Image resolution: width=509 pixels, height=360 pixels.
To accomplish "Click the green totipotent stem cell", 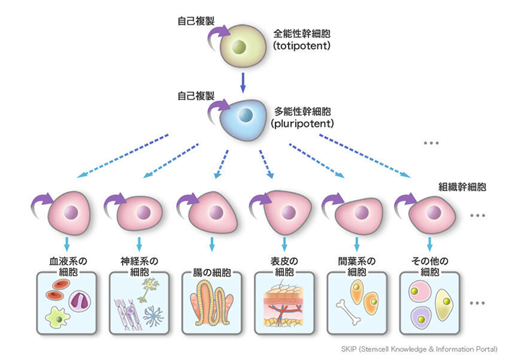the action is click(x=243, y=46).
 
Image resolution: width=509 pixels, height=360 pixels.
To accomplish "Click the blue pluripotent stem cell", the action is click(x=243, y=119).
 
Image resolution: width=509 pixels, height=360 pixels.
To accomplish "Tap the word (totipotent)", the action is click(x=302, y=45).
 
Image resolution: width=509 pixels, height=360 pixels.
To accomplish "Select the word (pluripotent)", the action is click(x=303, y=123).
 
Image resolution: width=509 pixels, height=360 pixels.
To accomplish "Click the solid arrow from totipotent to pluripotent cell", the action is click(x=243, y=83).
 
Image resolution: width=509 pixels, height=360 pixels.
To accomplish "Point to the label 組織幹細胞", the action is click(x=462, y=187).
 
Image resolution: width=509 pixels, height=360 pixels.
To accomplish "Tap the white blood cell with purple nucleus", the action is click(x=79, y=302).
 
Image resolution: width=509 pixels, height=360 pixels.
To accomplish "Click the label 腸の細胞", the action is click(x=212, y=272).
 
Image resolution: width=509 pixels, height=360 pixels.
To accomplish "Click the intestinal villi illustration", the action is click(x=212, y=303).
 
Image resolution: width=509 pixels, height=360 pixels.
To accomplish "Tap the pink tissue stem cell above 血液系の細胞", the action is click(x=69, y=213).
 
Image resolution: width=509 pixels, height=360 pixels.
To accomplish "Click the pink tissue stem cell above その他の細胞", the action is click(x=432, y=214).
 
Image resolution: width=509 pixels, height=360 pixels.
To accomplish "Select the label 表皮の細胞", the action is click(x=284, y=266).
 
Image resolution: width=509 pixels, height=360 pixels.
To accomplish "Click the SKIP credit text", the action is click(x=419, y=349).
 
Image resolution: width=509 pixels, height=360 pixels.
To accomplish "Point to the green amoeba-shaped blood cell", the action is click(x=58, y=317).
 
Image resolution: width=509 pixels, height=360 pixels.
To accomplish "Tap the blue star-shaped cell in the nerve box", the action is click(x=154, y=316).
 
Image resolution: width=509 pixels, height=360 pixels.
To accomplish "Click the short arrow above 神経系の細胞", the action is click(x=139, y=245).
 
